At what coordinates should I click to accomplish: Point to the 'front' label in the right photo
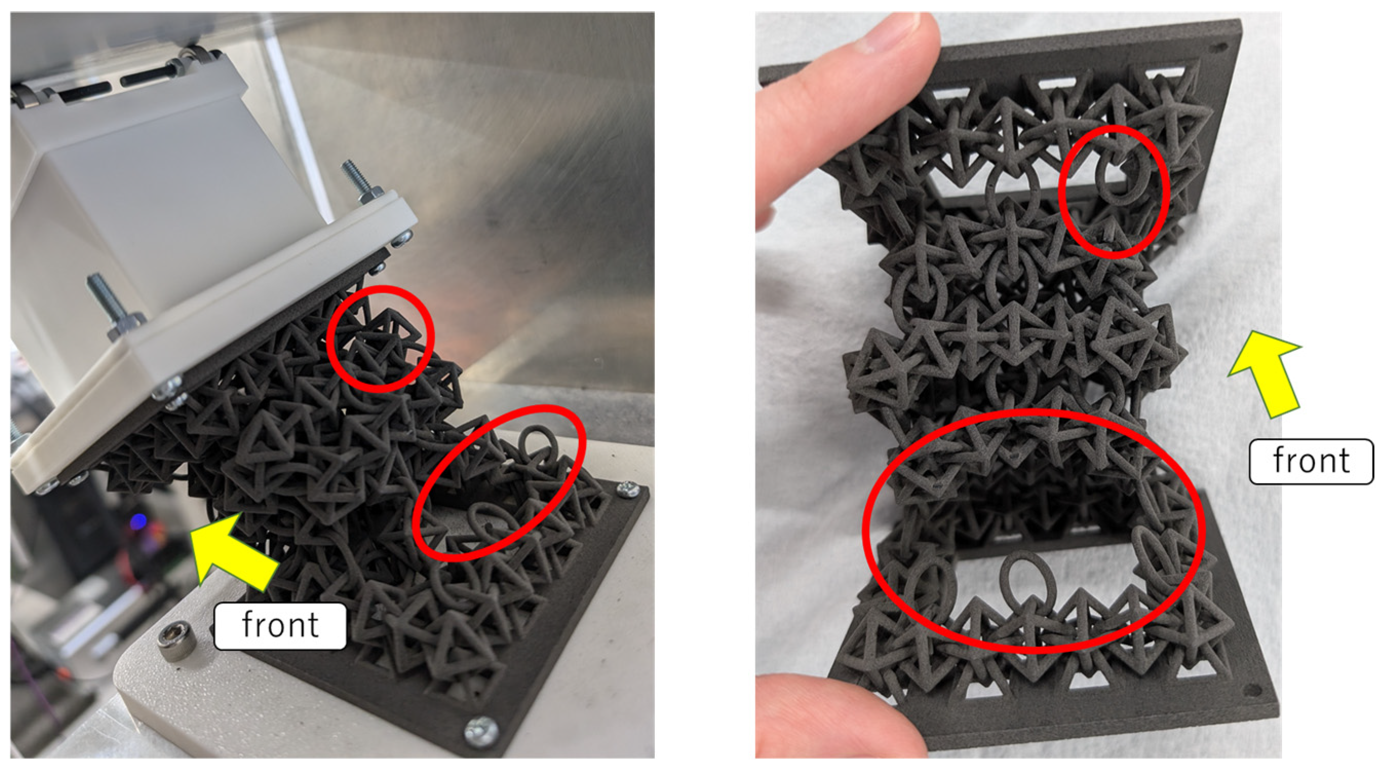click(1311, 461)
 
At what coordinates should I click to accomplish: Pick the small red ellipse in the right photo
click(1115, 192)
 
